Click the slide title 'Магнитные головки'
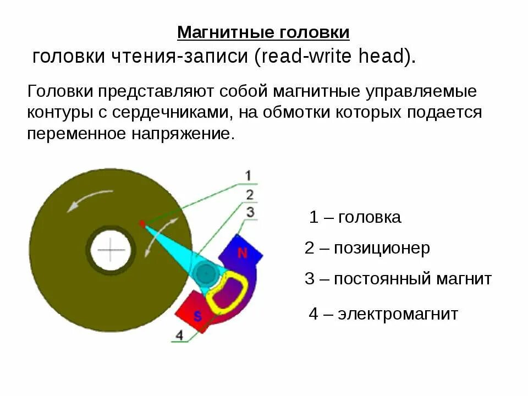263,32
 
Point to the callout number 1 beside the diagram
248,176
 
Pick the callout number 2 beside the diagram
250,194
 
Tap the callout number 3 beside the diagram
250,212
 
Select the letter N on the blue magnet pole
242,253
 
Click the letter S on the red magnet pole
197,315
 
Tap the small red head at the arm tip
142,223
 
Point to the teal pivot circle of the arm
205,273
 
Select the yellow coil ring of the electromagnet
226,291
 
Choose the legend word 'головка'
370,217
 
